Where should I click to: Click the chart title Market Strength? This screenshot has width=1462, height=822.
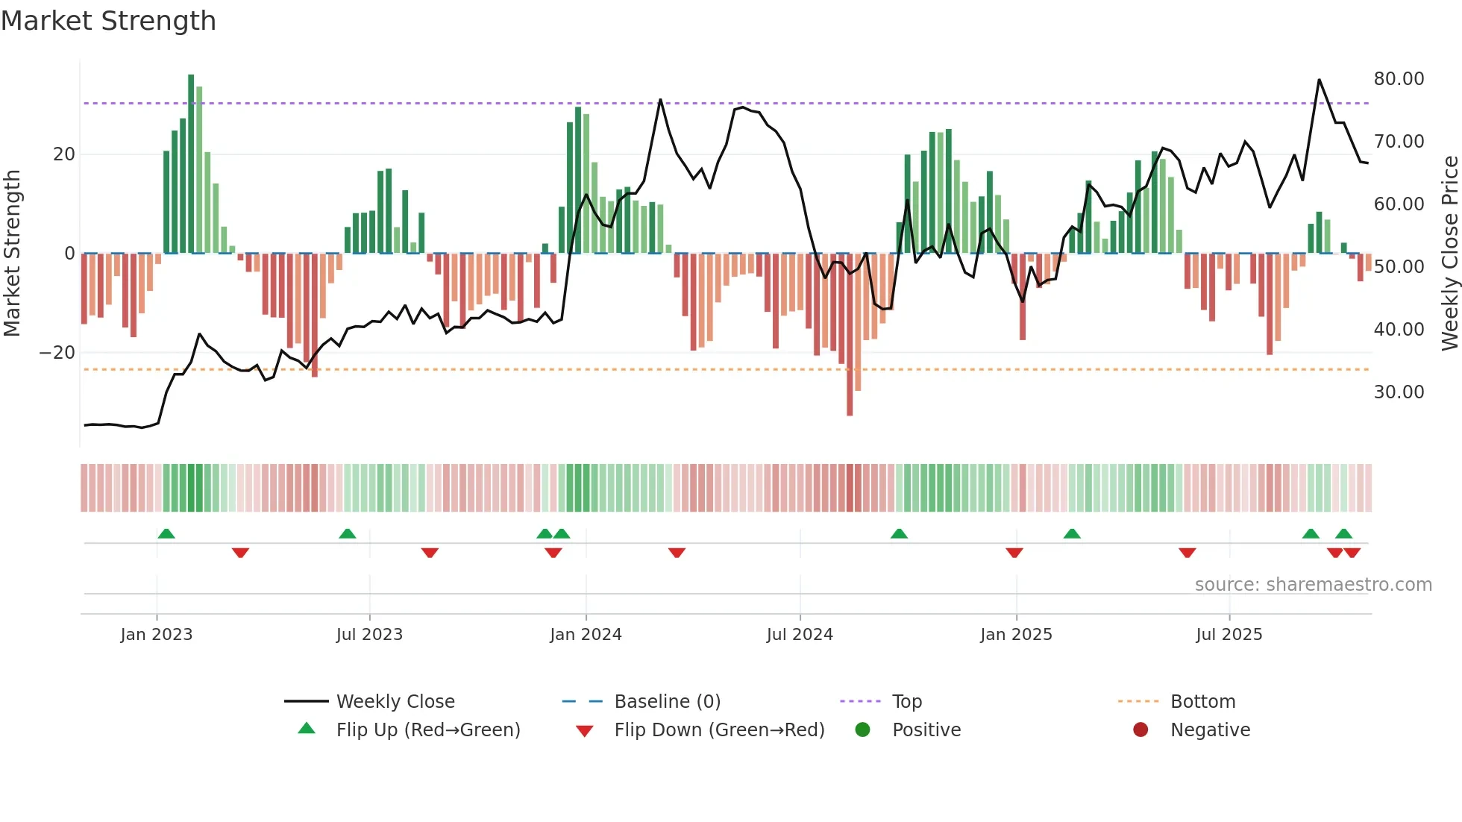[108, 21]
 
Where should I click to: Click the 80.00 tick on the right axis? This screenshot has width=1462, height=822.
[1399, 79]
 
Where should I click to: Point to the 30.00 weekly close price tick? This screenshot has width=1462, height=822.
[1399, 392]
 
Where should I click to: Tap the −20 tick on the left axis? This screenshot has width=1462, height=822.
[57, 353]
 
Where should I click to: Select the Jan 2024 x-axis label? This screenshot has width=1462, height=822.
[586, 635]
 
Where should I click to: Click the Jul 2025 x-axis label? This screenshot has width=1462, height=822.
[1229, 635]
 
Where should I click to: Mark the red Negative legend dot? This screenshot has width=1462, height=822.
[1141, 730]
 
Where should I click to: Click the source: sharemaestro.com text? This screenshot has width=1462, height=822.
[1313, 585]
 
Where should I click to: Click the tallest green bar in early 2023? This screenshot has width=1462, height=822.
[191, 164]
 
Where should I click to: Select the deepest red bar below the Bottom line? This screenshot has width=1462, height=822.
[850, 336]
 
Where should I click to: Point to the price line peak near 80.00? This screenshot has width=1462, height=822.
[1319, 81]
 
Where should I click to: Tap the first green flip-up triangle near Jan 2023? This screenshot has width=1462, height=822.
[166, 534]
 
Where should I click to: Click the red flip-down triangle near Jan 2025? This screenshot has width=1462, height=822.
[1014, 553]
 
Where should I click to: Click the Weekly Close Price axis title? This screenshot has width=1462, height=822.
[1449, 254]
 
